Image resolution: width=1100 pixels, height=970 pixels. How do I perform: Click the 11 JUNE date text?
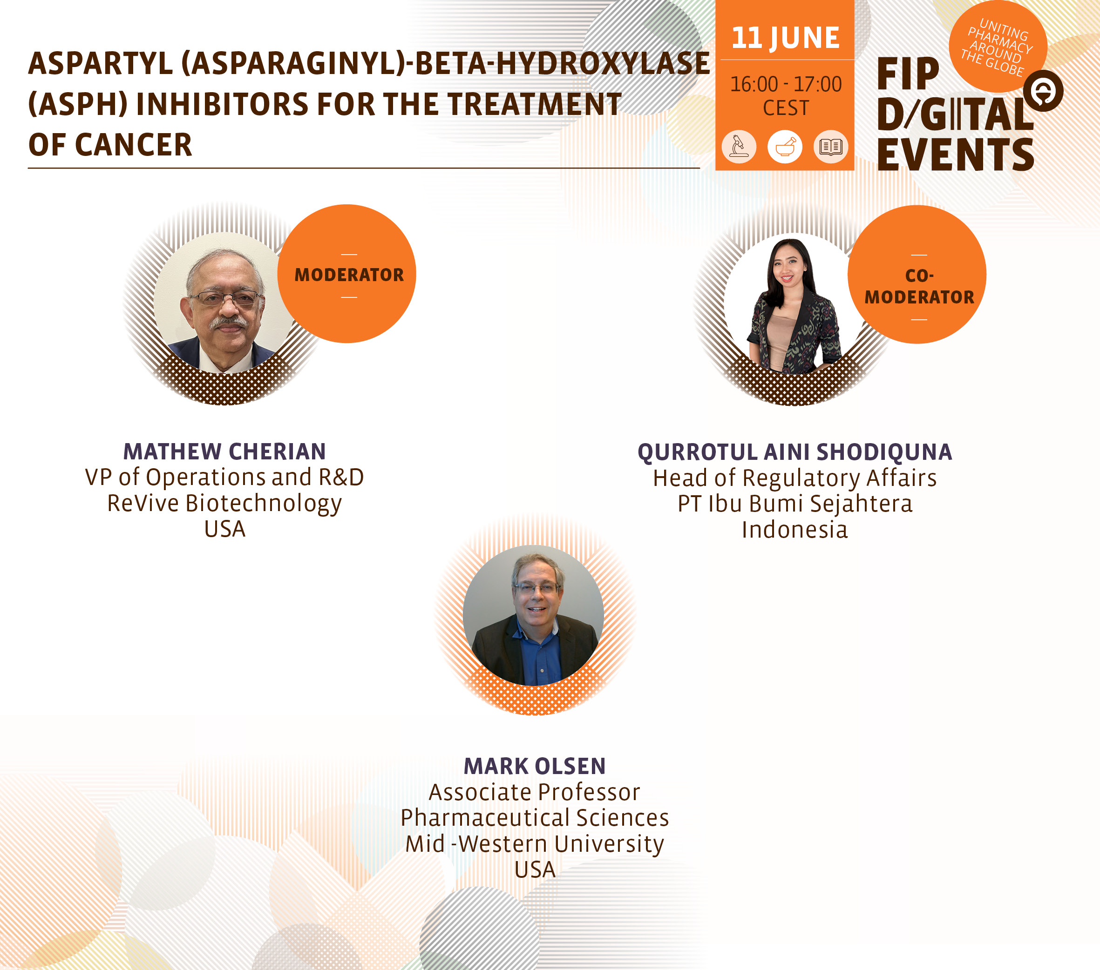[785, 38]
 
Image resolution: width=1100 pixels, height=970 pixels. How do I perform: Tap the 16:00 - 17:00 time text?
[786, 84]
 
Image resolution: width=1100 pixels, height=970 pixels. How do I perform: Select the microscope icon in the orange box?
[739, 146]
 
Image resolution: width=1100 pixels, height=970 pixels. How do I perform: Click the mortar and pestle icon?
[785, 146]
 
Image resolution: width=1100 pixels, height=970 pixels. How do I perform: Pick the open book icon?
[831, 146]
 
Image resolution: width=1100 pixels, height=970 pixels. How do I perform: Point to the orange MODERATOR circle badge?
[347, 274]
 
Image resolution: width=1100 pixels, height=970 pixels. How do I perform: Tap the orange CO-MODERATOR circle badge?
[917, 274]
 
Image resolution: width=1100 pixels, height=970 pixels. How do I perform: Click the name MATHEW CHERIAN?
[224, 451]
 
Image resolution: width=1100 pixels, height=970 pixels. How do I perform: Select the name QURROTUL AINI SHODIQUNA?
[795, 452]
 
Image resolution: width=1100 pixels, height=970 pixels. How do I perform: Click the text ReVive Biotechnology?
[224, 504]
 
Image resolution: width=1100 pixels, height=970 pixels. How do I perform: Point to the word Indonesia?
[795, 529]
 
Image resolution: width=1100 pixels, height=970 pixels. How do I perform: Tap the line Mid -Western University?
[534, 843]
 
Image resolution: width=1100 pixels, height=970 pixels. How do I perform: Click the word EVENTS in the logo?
[955, 155]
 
